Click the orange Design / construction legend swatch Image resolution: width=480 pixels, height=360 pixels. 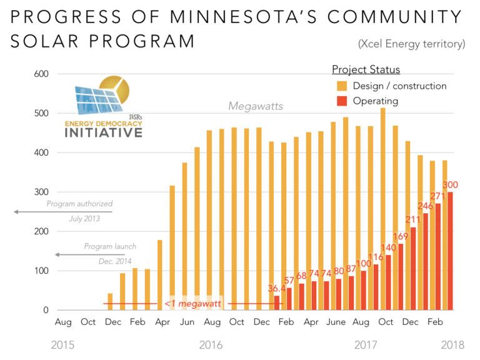pos(342,86)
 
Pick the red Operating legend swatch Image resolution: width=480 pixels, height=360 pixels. pos(342,101)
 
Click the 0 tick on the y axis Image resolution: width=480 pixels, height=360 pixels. pos(46,310)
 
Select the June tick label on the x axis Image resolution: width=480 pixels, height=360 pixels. pos(336,322)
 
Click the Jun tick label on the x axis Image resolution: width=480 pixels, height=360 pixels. pos(187,322)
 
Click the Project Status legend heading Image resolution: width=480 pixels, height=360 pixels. pos(366,69)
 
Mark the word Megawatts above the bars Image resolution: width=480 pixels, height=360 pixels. pos(255,106)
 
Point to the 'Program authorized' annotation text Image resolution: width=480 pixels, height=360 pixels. pos(79,203)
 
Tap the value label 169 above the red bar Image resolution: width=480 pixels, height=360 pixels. pos(400,236)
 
